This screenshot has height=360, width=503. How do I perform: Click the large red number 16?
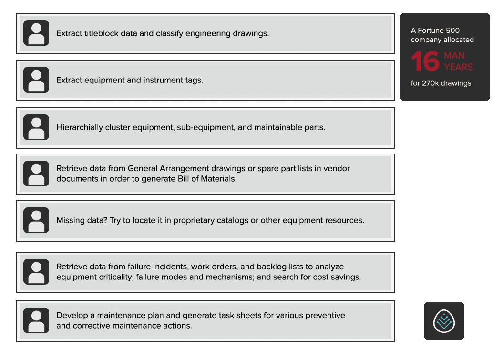425,61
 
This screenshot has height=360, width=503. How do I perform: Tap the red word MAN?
454,56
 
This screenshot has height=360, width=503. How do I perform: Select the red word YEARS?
458,67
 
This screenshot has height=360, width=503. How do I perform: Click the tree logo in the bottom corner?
444,321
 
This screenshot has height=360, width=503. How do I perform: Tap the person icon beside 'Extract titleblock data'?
36,33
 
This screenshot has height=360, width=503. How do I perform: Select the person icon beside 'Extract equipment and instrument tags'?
36,80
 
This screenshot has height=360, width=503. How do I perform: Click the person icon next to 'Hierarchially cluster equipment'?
36,127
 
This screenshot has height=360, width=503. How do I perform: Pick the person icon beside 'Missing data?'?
36,220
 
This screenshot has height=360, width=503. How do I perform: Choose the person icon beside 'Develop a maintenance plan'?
36,320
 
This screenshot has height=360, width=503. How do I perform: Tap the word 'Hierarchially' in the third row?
81,128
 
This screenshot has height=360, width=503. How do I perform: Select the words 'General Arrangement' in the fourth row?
165,169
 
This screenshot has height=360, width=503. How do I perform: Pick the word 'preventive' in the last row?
326,315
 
